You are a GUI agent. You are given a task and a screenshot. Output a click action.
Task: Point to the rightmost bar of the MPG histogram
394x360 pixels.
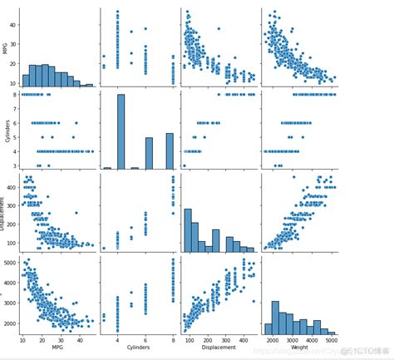coord(89,85)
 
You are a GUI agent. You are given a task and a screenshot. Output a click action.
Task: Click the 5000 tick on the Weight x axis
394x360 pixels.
coord(330,342)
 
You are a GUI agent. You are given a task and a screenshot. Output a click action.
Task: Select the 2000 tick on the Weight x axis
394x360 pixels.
coord(273,342)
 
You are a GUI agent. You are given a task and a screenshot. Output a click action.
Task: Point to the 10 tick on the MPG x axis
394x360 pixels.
coord(22,342)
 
